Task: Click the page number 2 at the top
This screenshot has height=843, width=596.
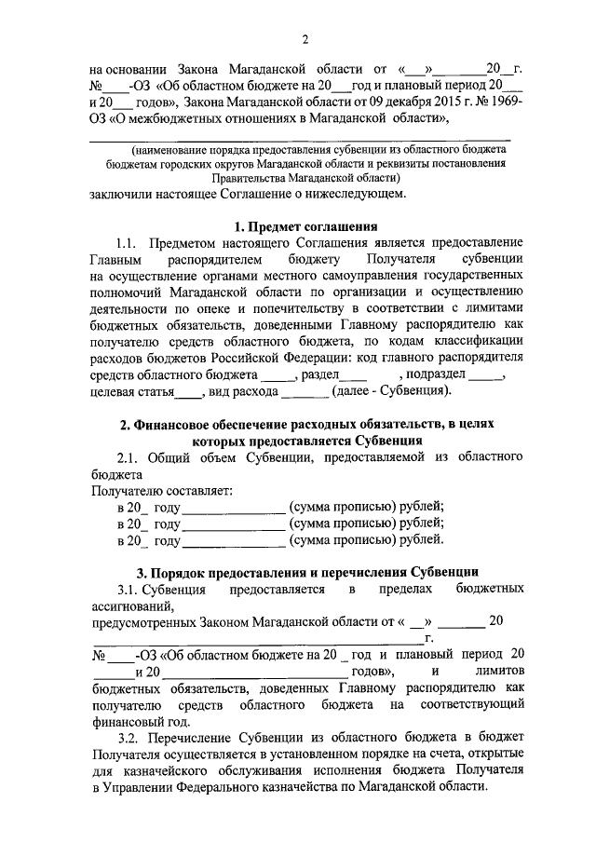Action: [305, 38]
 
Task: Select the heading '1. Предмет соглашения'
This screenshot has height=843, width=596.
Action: [305, 226]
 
